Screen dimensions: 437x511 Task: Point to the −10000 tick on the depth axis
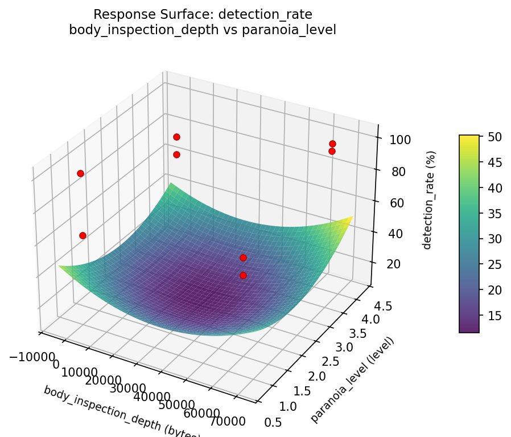pos(32,356)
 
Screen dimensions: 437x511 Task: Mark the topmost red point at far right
pos(332,144)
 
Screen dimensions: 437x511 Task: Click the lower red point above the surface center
pos(243,275)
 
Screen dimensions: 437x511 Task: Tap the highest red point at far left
pos(80,173)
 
